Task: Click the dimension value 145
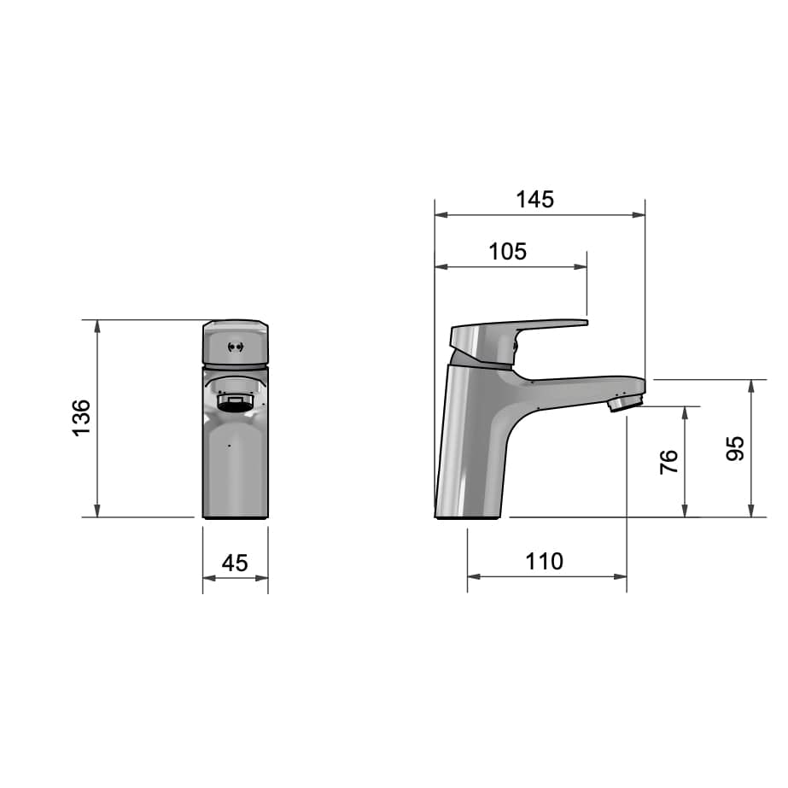click(535, 200)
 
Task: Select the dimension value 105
click(508, 252)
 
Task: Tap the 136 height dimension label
click(82, 417)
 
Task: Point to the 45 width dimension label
click(235, 563)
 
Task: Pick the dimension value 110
click(545, 562)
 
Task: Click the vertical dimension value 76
click(668, 462)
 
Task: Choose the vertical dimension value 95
click(735, 449)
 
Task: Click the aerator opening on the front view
click(234, 403)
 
